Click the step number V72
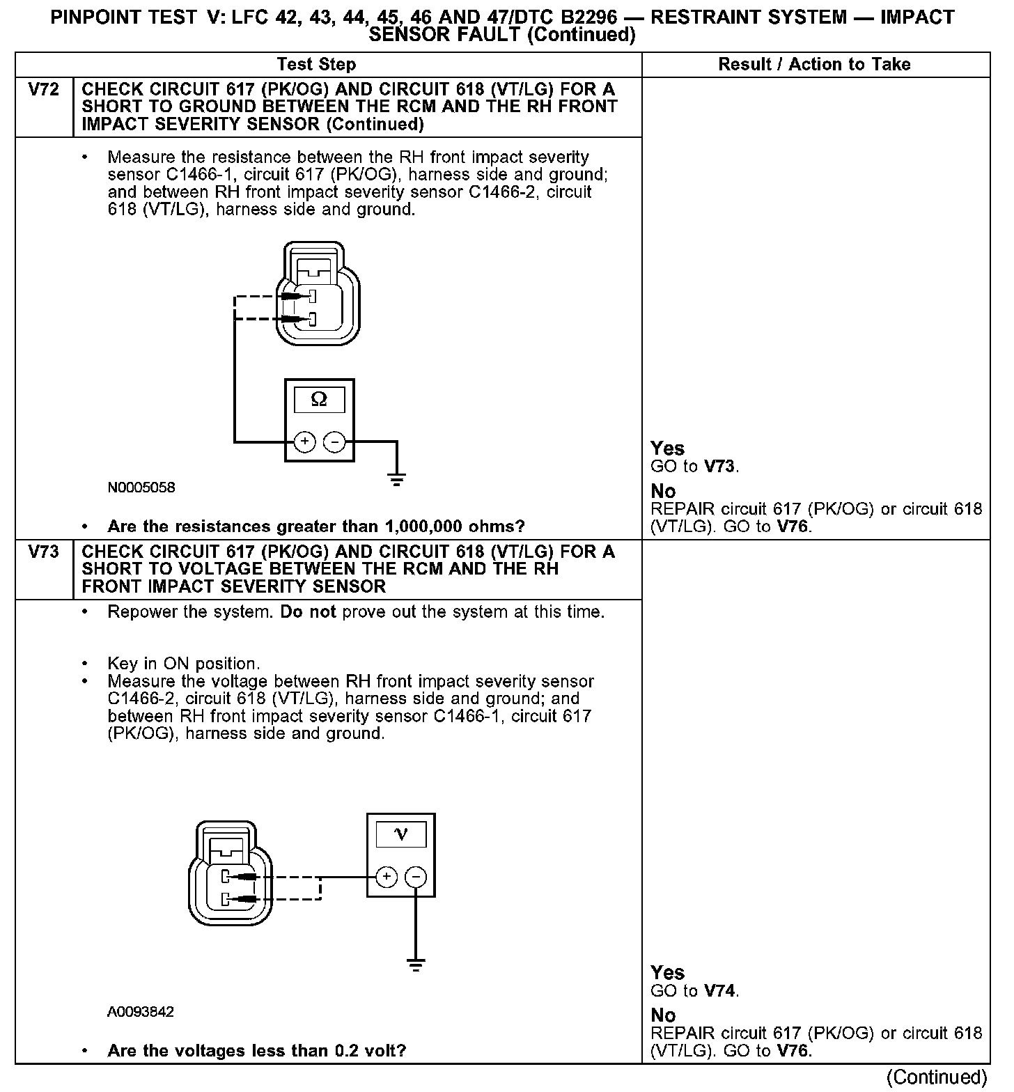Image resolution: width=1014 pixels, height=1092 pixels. click(x=43, y=89)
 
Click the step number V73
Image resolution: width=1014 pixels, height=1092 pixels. click(x=43, y=552)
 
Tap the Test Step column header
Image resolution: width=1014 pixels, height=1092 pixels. click(x=316, y=65)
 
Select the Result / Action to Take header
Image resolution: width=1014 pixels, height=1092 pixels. click(x=814, y=65)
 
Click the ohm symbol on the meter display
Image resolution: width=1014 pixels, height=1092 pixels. click(x=319, y=399)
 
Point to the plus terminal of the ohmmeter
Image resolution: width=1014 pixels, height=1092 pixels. click(x=304, y=442)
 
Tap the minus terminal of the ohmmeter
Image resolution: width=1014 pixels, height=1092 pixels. click(x=335, y=442)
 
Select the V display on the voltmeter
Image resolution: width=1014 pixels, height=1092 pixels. click(x=400, y=834)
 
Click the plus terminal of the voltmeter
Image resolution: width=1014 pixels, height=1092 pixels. click(x=387, y=877)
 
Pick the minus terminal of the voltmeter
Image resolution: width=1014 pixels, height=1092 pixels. click(x=416, y=877)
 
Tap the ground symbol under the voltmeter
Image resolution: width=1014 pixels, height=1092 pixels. click(x=416, y=965)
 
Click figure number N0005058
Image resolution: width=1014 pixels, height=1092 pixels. click(x=141, y=487)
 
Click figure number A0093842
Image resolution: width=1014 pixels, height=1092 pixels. click(x=141, y=1011)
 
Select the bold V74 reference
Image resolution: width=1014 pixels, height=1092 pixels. click(x=721, y=990)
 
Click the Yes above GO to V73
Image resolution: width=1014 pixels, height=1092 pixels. click(x=667, y=448)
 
